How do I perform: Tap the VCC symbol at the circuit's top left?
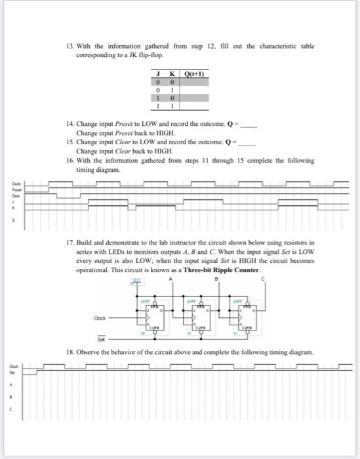tap(138, 281)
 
